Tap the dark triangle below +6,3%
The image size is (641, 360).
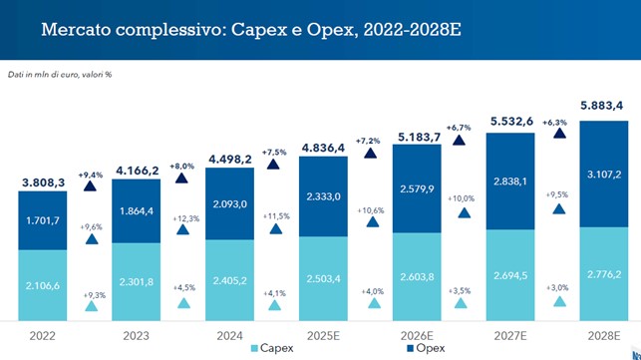554,141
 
